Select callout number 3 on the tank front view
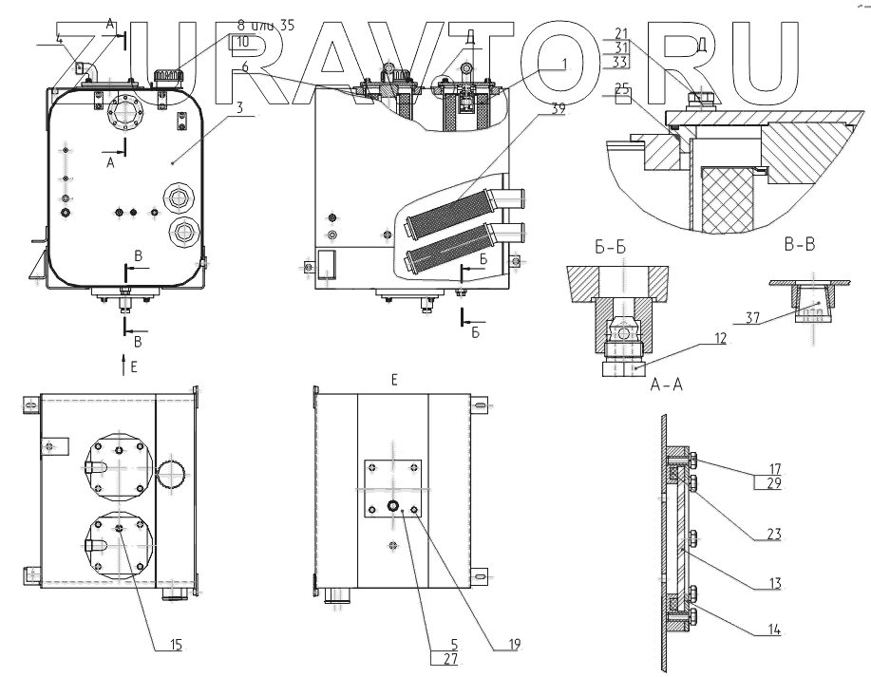click(x=240, y=107)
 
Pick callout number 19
click(x=514, y=644)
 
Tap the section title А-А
click(x=668, y=385)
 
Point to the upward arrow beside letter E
click(x=123, y=361)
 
